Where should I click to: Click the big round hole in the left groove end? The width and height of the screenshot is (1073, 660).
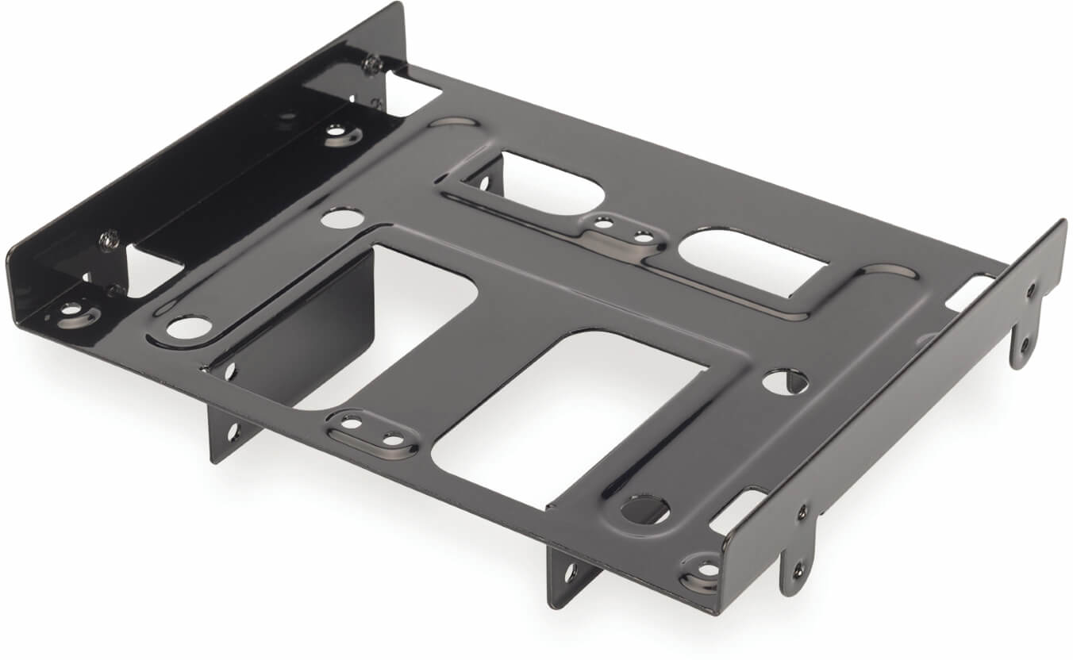(189, 326)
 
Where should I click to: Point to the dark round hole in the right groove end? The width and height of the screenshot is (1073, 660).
(643, 508)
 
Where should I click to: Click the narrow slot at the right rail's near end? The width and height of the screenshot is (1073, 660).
(737, 512)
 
